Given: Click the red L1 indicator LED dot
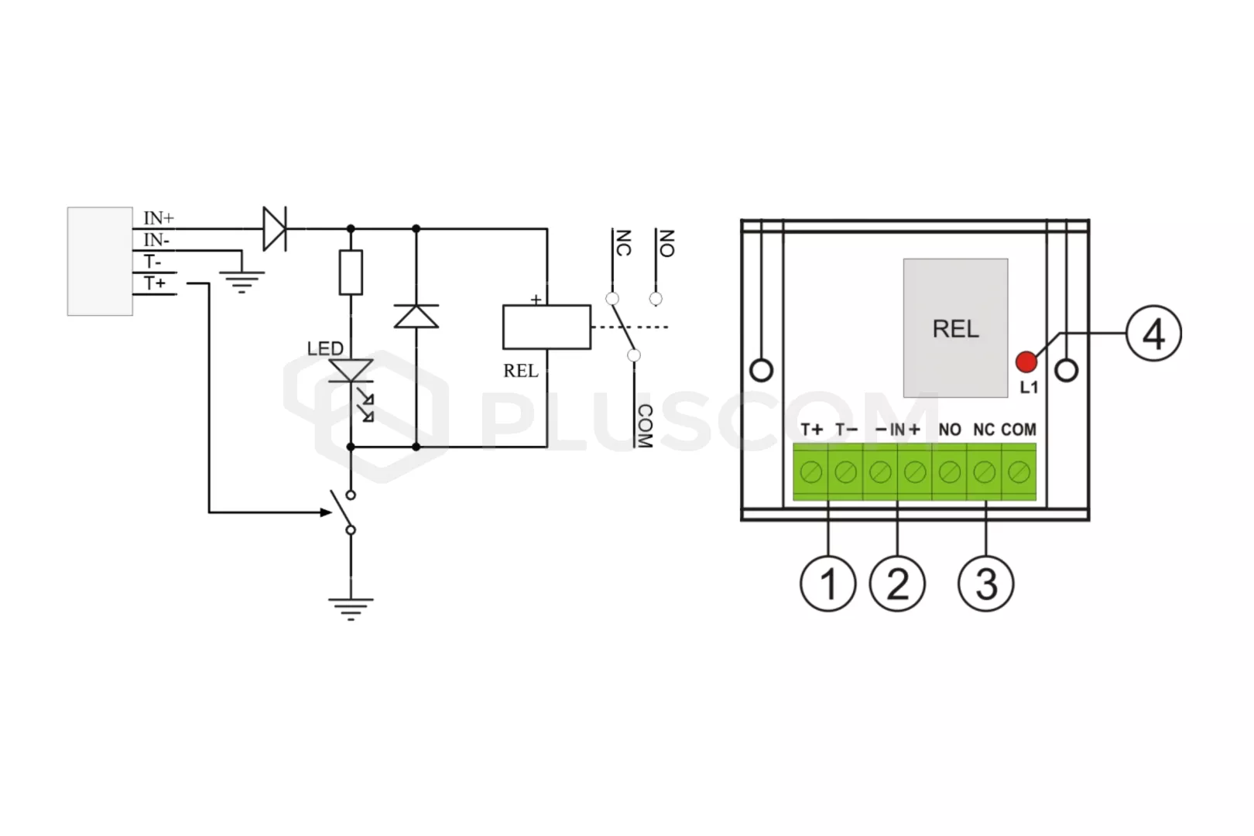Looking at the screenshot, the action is [1026, 361].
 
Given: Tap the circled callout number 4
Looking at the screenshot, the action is [1153, 334].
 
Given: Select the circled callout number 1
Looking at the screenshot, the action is [828, 584].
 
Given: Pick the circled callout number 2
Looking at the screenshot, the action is [897, 584].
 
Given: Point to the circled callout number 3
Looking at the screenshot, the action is [986, 584].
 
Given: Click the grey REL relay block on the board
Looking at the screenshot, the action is [956, 328].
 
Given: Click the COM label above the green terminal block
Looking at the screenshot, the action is [1019, 430].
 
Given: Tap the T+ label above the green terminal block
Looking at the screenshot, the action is [812, 430].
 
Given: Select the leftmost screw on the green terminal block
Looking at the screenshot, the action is [811, 473].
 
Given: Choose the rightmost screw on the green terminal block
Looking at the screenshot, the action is [1019, 473].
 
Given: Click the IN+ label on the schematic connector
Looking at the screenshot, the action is [159, 218].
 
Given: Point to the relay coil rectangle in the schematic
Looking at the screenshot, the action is [546, 327].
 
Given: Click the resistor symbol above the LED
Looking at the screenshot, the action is [351, 272].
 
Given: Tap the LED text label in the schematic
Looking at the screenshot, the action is [325, 349].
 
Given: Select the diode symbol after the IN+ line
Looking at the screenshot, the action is [275, 228].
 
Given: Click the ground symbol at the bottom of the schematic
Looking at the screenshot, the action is [351, 609].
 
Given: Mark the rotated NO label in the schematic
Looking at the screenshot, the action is [666, 243].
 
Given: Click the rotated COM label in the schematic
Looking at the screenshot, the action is [645, 426].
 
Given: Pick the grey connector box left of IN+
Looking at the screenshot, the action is [100, 262].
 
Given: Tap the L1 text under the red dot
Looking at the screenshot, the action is [1029, 387].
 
